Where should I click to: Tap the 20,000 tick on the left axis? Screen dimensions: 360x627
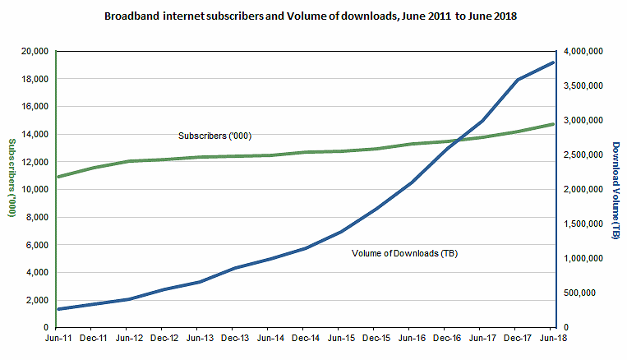coord(35,52)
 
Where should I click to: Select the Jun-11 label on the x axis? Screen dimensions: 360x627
coord(56,337)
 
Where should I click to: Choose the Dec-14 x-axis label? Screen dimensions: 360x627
coord(305,337)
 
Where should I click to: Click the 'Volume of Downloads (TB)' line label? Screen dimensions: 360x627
coord(404,253)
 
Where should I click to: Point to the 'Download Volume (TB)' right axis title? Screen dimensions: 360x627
coord(615,190)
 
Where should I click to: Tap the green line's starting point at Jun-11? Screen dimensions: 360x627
coord(56,177)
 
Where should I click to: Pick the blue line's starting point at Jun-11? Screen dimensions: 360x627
coord(56,309)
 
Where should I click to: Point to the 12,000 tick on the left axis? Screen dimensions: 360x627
coord(35,162)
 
